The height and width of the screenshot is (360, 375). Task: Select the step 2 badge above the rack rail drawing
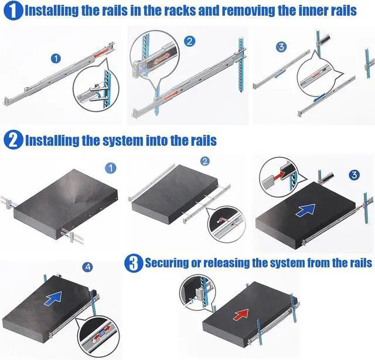(189, 41)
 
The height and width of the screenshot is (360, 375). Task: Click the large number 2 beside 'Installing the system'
(12, 140)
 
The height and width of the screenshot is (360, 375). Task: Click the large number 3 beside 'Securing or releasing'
(134, 262)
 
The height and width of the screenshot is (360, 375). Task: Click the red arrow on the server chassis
(241, 314)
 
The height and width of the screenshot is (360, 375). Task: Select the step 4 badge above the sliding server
(88, 267)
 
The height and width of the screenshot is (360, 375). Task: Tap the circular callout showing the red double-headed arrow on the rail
(155, 61)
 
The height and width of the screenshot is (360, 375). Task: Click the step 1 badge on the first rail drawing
(56, 58)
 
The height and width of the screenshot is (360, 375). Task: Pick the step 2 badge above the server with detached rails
(204, 162)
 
